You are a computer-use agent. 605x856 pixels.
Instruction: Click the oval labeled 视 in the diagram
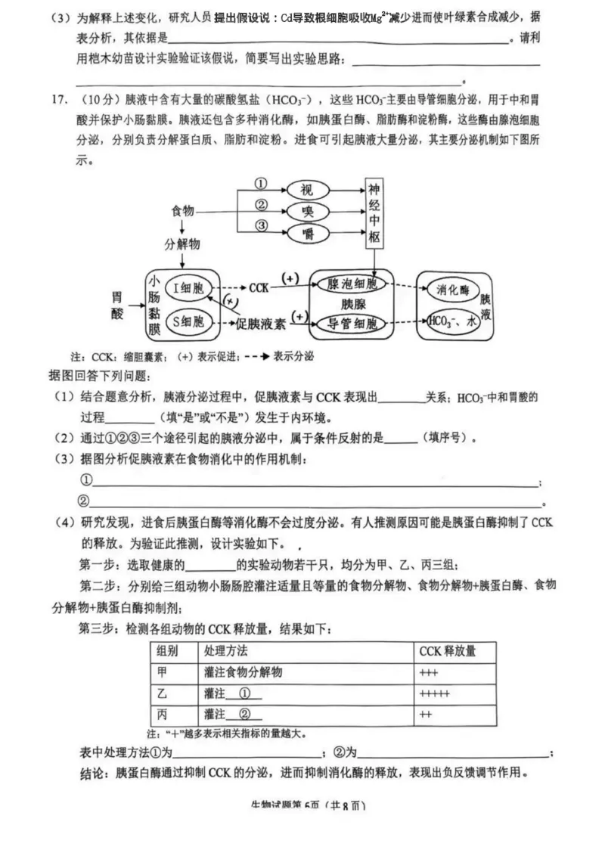306,188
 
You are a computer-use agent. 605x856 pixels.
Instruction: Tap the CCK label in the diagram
259,287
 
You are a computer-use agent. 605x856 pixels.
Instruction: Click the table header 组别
168,651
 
